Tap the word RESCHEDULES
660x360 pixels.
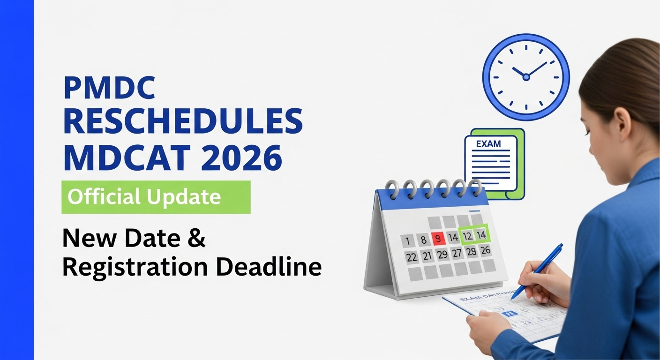point(183,121)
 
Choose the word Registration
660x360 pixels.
point(135,268)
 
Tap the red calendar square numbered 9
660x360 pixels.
point(438,239)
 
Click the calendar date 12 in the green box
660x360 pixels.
point(467,236)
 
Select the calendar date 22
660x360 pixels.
point(412,257)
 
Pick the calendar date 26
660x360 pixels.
point(486,251)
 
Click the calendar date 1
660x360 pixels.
point(408,241)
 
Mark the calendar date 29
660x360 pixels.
point(442,255)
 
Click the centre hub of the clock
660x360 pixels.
point(526,77)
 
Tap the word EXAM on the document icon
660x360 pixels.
point(488,144)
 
